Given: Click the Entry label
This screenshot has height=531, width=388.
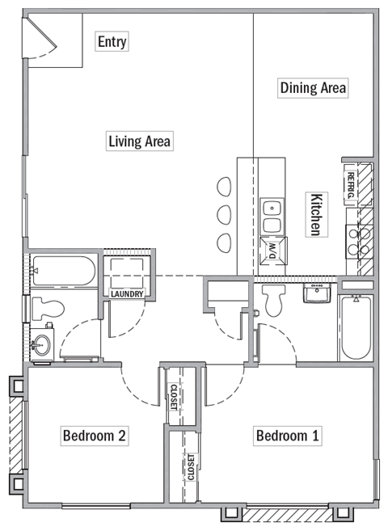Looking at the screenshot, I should pos(112,41).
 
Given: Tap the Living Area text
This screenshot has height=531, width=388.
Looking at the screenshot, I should pos(139,141).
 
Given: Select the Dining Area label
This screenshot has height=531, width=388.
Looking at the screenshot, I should pos(313,87).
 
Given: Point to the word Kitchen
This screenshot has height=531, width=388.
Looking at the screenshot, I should pos(318,214).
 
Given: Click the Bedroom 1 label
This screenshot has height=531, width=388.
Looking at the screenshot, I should pos(287,436).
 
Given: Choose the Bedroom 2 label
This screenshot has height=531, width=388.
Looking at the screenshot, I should pos(94,436).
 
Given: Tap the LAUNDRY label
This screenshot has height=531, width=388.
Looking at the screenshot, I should pos(127,294).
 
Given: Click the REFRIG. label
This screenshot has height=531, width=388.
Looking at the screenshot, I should pos(351,186).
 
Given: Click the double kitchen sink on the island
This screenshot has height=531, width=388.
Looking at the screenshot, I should pos(273,215).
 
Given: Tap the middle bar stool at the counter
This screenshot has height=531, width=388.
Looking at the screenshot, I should pos(224,214).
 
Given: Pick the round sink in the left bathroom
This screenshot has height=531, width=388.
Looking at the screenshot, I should pos(40,345).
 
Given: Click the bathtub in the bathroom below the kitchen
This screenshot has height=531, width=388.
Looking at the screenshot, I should pos(355,330).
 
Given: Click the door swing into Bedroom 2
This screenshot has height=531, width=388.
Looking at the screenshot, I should pos(139,386).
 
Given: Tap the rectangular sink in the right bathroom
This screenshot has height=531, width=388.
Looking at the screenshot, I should pos(317,292).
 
